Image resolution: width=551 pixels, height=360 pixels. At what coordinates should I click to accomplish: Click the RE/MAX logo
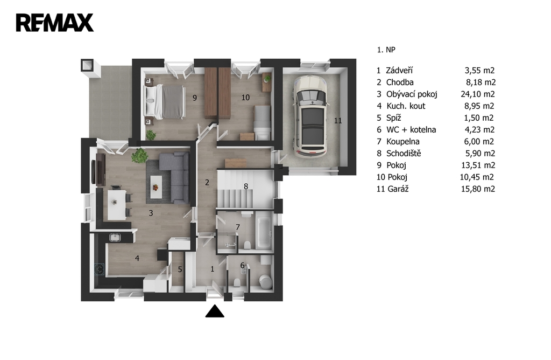pyautogui.click(x=55, y=23)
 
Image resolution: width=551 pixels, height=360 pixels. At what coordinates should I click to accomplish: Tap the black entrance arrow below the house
pyautogui.click(x=215, y=311)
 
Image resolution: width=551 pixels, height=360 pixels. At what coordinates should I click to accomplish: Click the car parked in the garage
pyautogui.click(x=310, y=115)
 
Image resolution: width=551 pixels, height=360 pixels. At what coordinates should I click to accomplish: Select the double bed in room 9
pyautogui.click(x=165, y=102)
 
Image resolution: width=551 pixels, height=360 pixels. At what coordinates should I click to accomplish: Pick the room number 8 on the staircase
pyautogui.click(x=246, y=186)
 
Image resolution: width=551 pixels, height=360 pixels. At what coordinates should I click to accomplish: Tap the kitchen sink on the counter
pyautogui.click(x=115, y=238)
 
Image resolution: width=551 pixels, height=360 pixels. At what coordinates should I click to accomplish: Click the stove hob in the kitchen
pyautogui.click(x=100, y=269)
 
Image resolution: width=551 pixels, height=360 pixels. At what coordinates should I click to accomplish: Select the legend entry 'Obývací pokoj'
pyautogui.click(x=412, y=94)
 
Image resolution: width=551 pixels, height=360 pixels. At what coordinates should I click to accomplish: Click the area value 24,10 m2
pyautogui.click(x=478, y=94)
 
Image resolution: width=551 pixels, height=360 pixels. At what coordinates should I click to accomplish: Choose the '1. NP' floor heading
pyautogui.click(x=386, y=50)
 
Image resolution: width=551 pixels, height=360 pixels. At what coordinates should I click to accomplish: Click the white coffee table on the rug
pyautogui.click(x=156, y=187)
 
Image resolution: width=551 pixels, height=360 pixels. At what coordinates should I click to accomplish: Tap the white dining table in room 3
pyautogui.click(x=117, y=205)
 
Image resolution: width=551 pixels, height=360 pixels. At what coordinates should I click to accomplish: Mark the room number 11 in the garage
pyautogui.click(x=338, y=121)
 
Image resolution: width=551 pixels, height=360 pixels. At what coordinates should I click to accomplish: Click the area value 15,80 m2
pyautogui.click(x=478, y=189)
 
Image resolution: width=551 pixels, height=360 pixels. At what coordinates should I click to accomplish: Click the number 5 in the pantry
pyautogui.click(x=180, y=269)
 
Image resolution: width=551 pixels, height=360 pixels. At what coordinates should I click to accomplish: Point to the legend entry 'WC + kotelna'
pyautogui.click(x=411, y=130)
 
